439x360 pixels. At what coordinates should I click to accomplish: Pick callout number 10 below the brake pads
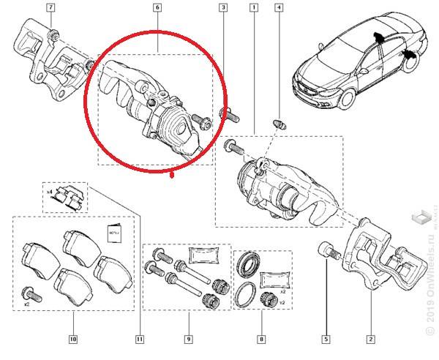coord(73,339)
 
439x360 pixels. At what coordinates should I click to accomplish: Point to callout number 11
coord(140,339)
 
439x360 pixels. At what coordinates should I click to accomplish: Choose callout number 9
coord(188,339)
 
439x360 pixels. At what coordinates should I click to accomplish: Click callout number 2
coord(370,339)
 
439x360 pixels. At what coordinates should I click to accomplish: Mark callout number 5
coord(326,339)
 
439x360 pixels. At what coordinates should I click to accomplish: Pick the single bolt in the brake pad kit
coord(30,290)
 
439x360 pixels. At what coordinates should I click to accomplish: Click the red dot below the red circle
coord(170,176)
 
